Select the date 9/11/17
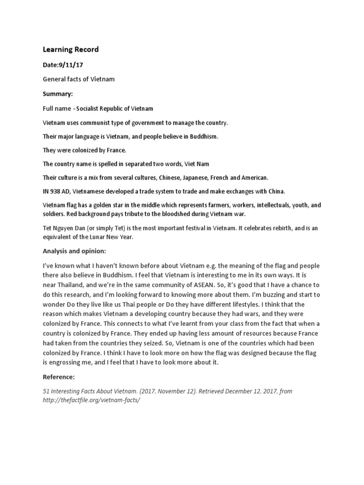pyautogui.click(x=71, y=64)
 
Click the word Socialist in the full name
pyautogui.click(x=91, y=108)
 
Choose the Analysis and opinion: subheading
pyautogui.click(x=74, y=251)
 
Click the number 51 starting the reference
pyautogui.click(x=46, y=391)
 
